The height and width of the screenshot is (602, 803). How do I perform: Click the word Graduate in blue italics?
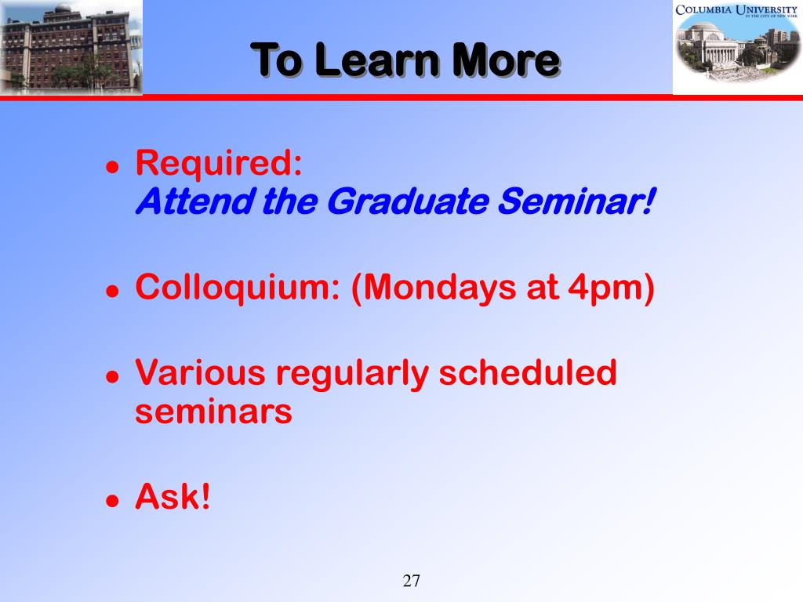point(408,201)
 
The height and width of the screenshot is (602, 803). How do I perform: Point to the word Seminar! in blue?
point(576,201)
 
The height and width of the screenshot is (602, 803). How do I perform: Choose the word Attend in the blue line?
point(195,201)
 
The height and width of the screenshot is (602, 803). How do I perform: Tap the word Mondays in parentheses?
point(434,288)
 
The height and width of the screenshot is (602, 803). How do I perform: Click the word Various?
point(200,372)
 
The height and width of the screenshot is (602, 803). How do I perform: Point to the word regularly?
point(352,374)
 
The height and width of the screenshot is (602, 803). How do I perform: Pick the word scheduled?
point(528,372)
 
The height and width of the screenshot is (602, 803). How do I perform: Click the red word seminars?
point(213,412)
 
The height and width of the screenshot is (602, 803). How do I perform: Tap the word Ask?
point(173,495)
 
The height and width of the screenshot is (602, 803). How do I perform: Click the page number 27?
point(411,581)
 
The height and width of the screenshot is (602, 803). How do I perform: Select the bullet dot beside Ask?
point(112,499)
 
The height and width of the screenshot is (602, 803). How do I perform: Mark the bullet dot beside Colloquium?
point(112,291)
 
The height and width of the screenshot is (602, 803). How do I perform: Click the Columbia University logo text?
point(736,9)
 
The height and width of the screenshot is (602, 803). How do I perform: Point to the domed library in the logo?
point(712,44)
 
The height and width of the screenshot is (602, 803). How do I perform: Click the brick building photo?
point(71,47)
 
